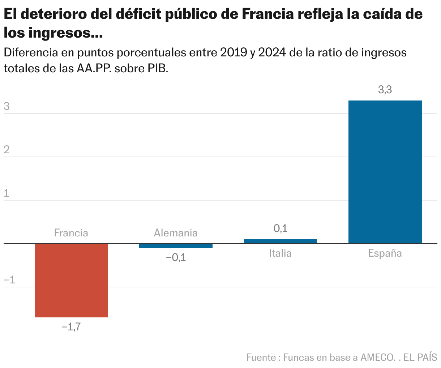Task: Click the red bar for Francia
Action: pos(71,280)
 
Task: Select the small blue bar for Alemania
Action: pos(176,246)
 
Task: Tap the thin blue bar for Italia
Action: pos(281,241)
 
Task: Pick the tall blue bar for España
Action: pos(385,172)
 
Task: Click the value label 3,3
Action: pos(385,90)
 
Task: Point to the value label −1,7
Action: pos(71,327)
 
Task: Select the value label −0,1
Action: pos(176,258)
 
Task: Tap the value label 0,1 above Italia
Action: pos(281,228)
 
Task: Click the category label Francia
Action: pos(71,233)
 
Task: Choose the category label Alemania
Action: pos(176,233)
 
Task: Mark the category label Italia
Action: pos(280,253)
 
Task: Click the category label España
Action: pos(385,253)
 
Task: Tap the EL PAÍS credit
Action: pos(420,358)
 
